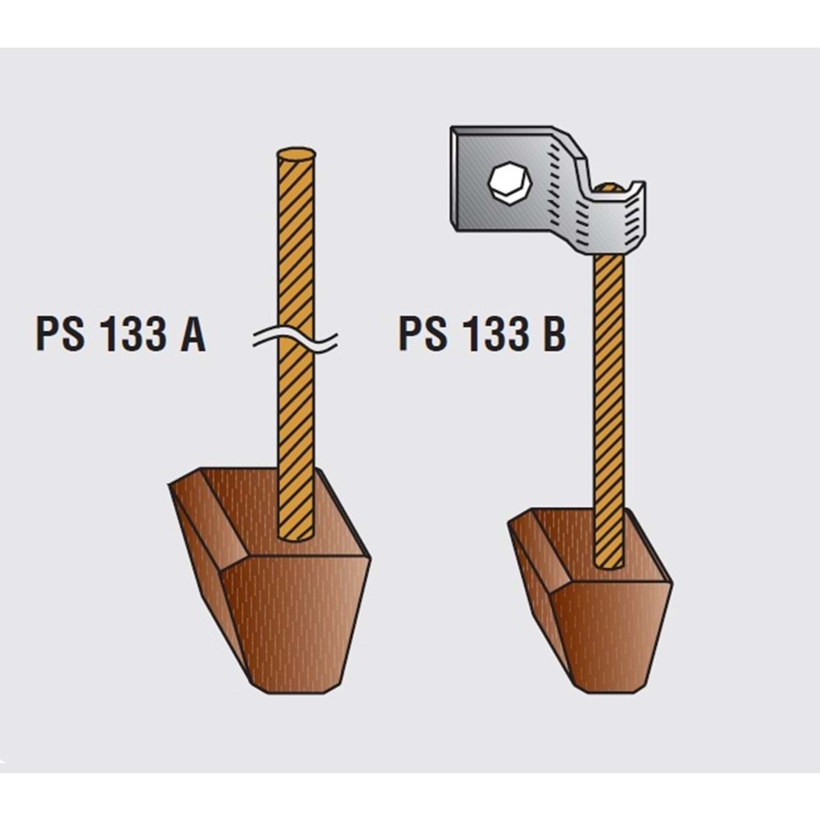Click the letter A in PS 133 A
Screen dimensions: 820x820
coord(193,334)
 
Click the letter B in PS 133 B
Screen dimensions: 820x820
coord(554,334)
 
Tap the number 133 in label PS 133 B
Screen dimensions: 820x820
coord(495,334)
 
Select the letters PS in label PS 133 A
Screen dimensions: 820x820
coord(60,334)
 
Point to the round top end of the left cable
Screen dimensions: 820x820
coord(296,154)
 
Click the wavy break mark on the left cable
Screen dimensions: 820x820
coord(295,339)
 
